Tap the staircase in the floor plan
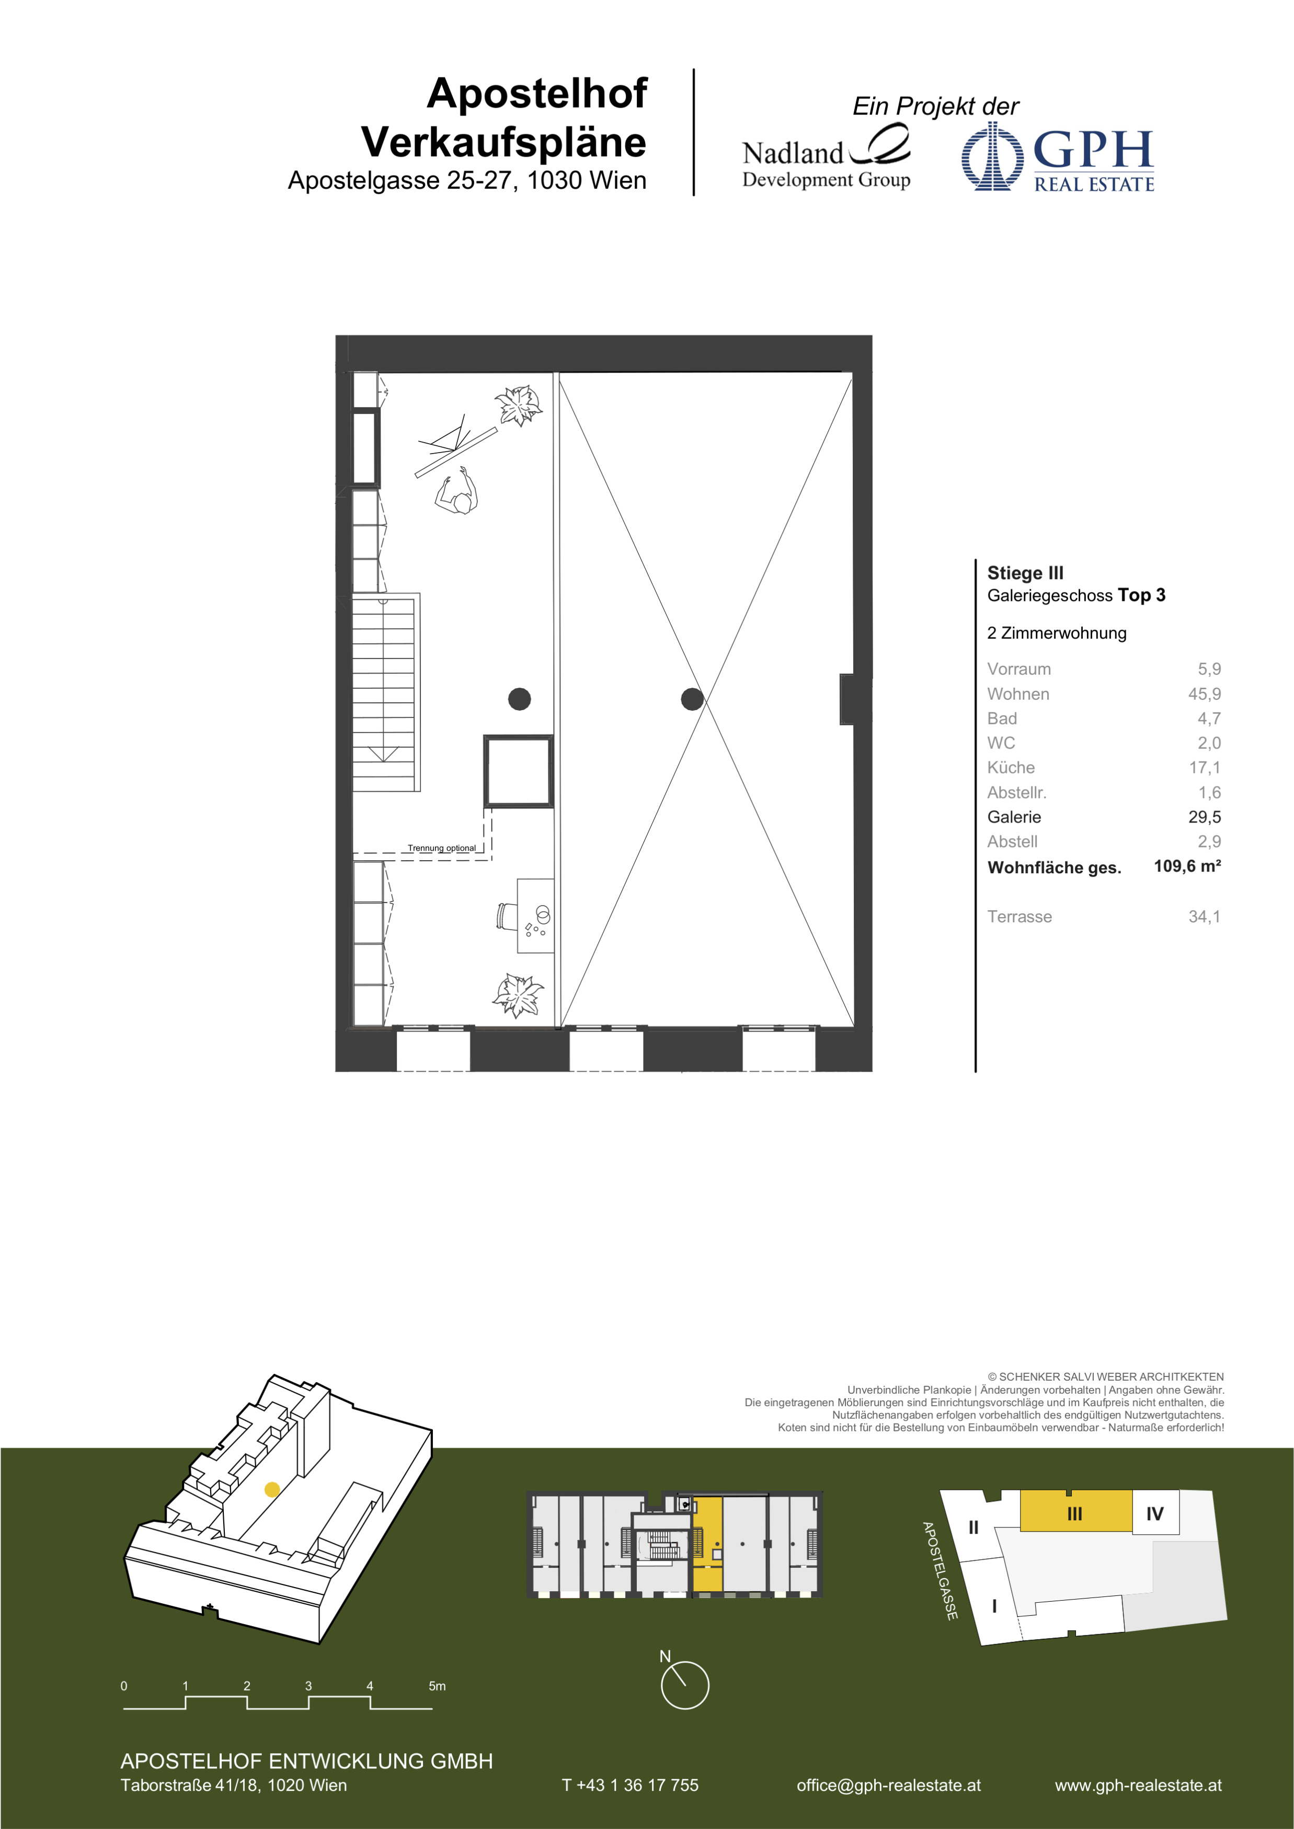click(386, 691)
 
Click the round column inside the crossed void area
click(692, 699)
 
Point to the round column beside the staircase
click(520, 699)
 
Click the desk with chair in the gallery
click(526, 916)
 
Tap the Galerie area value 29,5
click(1204, 816)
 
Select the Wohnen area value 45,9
click(1204, 694)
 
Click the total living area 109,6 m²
click(1187, 866)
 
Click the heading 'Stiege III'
click(1025, 573)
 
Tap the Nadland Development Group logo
click(826, 157)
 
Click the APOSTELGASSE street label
click(940, 1571)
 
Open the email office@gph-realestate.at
click(888, 1785)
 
